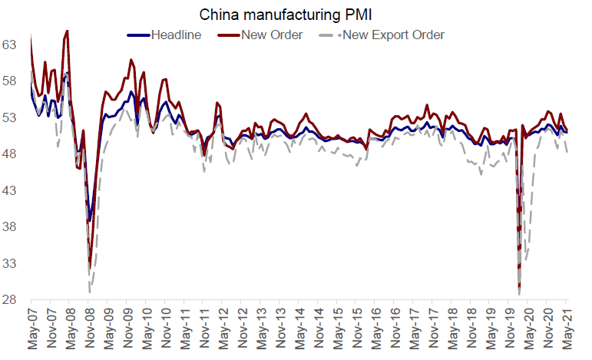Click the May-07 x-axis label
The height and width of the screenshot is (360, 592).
[32, 331]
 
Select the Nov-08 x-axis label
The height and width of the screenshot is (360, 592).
[90, 331]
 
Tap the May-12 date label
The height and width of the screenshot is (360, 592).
[223, 331]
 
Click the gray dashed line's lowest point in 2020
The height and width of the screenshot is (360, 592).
[520, 294]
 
